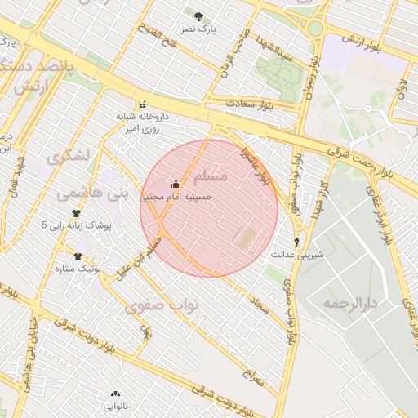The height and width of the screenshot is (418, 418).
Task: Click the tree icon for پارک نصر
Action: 198,16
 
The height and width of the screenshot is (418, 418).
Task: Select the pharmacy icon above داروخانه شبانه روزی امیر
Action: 144,104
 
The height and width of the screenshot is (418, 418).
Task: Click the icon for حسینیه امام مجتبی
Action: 175,183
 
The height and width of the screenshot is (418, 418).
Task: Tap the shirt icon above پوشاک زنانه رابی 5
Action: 76,212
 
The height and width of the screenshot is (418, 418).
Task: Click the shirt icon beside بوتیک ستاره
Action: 78,256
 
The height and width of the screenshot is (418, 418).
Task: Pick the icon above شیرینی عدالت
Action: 296,242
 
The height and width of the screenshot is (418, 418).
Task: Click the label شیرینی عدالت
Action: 297,255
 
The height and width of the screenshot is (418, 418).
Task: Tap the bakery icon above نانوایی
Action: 113,393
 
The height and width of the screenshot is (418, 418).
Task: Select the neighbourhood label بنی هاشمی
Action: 92,193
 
